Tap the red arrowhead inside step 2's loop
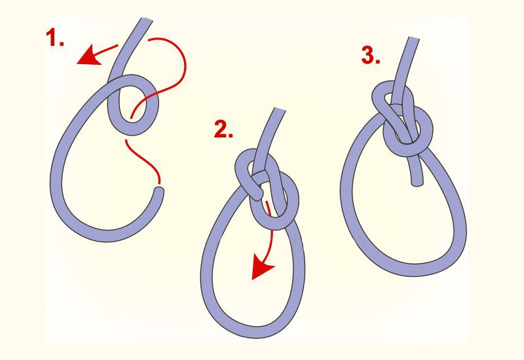click(x=262, y=266)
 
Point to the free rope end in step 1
click(x=159, y=190)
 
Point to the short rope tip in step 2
click(x=257, y=195)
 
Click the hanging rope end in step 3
click(x=417, y=183)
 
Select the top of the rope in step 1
click(x=146, y=20)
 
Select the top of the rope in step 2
click(x=280, y=109)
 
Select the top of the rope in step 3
click(x=414, y=39)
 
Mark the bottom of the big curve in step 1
click(x=107, y=236)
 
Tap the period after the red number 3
click(x=378, y=62)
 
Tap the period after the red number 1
click(x=61, y=44)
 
